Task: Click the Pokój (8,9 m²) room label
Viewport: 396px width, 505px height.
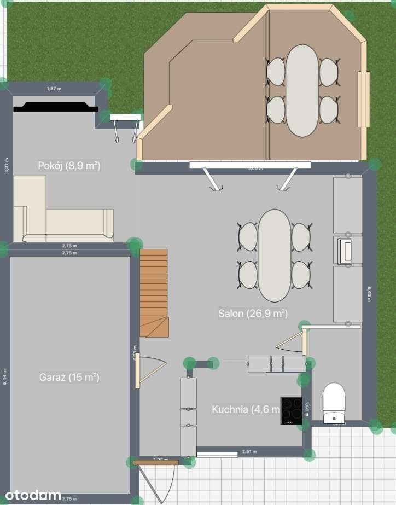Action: coord(69,166)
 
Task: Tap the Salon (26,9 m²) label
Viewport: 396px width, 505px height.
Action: coord(253,314)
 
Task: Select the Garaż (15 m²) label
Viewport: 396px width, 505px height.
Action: coord(69,377)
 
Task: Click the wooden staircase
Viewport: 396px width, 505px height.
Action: coord(153,293)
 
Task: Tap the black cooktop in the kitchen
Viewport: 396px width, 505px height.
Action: coord(292,410)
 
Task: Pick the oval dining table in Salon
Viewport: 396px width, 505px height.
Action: coord(275,256)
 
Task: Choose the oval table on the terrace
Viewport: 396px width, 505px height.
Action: coord(302,90)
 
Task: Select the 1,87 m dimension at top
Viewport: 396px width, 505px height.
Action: coord(54,88)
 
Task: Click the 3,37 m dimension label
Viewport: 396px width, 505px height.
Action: coord(6,165)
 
